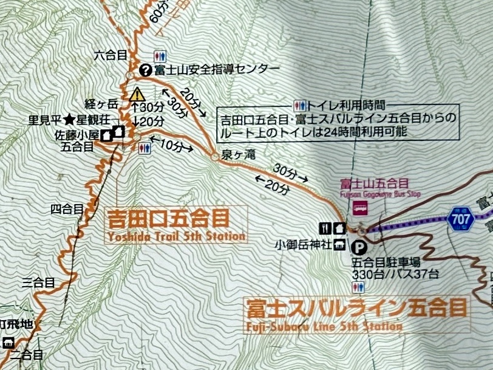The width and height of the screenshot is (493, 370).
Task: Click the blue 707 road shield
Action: click(x=463, y=218)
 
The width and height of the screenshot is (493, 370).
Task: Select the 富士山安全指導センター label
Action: click(x=217, y=69)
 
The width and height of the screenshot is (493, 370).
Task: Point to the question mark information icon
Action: click(x=144, y=69)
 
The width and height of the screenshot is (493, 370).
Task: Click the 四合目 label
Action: click(x=67, y=210)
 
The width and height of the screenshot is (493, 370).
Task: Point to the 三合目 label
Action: click(x=38, y=283)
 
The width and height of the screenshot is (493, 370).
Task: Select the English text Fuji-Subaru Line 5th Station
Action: click(x=324, y=326)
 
